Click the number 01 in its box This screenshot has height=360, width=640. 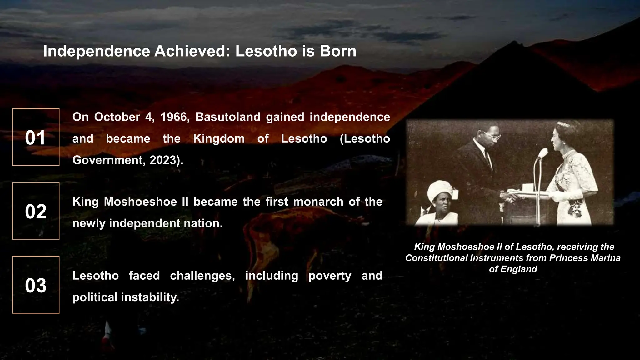tap(35, 137)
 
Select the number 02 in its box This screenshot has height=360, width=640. tap(36, 212)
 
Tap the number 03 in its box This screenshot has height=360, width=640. tap(36, 285)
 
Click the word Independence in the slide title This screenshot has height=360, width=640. tap(97, 51)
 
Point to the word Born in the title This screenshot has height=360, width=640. tap(338, 51)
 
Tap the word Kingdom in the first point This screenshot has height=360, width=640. tap(219, 138)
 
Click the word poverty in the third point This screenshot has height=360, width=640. tap(330, 276)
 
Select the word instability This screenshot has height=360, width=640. tap(150, 297)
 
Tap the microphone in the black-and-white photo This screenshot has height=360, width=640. tap(542, 154)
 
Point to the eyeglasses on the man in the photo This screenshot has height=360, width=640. tap(493, 136)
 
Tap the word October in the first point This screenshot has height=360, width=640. tap(117, 117)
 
